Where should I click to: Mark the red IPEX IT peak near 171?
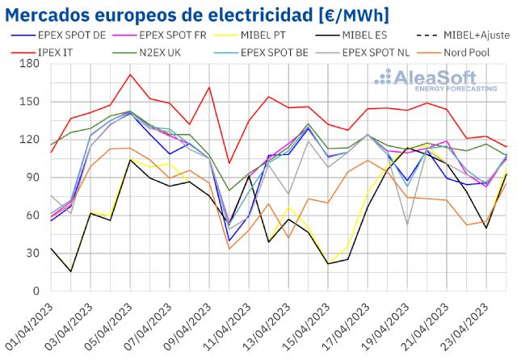130,74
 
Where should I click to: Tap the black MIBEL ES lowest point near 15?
70,271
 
